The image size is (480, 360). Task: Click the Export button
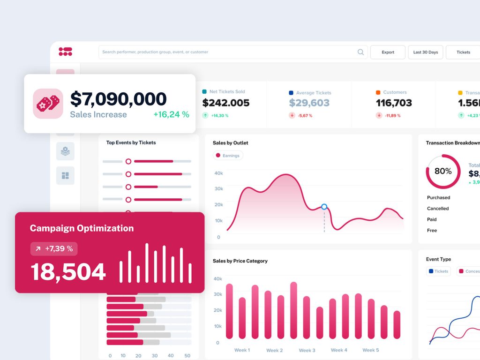click(388, 52)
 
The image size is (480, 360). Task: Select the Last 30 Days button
click(425, 52)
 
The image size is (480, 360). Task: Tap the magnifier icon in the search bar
click(360, 52)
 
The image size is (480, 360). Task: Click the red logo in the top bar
click(65, 52)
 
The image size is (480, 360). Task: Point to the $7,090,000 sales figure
click(118, 99)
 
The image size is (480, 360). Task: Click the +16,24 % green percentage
click(171, 114)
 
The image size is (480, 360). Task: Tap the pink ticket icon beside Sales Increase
click(48, 104)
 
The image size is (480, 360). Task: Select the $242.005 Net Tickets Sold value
click(225, 103)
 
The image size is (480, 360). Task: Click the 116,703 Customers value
click(394, 103)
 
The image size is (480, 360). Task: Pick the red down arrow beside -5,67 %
click(292, 115)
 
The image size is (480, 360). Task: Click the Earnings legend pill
click(227, 156)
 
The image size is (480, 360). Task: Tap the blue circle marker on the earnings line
click(324, 207)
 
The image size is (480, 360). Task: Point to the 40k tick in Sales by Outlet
click(218, 173)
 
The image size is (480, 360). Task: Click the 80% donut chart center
click(443, 172)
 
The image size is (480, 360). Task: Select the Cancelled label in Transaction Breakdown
click(438, 209)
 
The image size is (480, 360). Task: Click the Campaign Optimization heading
click(82, 228)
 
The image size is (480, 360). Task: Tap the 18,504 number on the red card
click(68, 272)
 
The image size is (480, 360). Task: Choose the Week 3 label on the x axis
click(307, 350)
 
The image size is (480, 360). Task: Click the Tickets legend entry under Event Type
click(438, 271)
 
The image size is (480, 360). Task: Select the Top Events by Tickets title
click(131, 142)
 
